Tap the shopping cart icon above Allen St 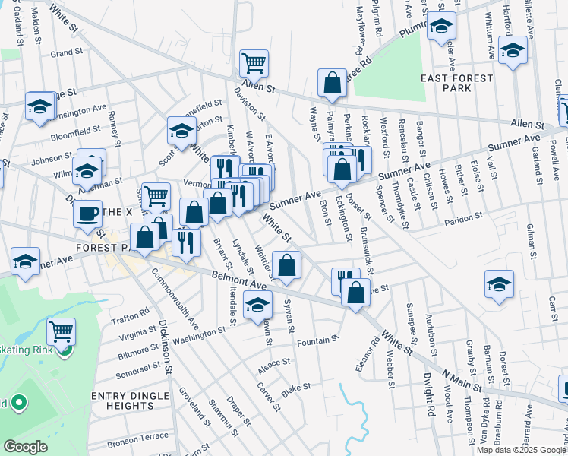[254, 62]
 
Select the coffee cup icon [88, 212]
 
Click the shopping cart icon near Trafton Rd [61, 331]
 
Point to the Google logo [25, 447]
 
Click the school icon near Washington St [258, 306]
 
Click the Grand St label [66, 52]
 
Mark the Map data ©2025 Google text [520, 450]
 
